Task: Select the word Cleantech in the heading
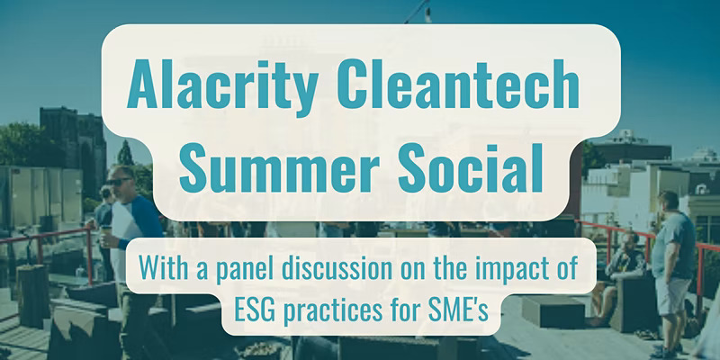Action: point(458,84)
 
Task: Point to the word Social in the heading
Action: point(471,168)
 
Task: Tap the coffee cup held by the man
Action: point(105,235)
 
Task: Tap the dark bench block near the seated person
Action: point(553,311)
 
